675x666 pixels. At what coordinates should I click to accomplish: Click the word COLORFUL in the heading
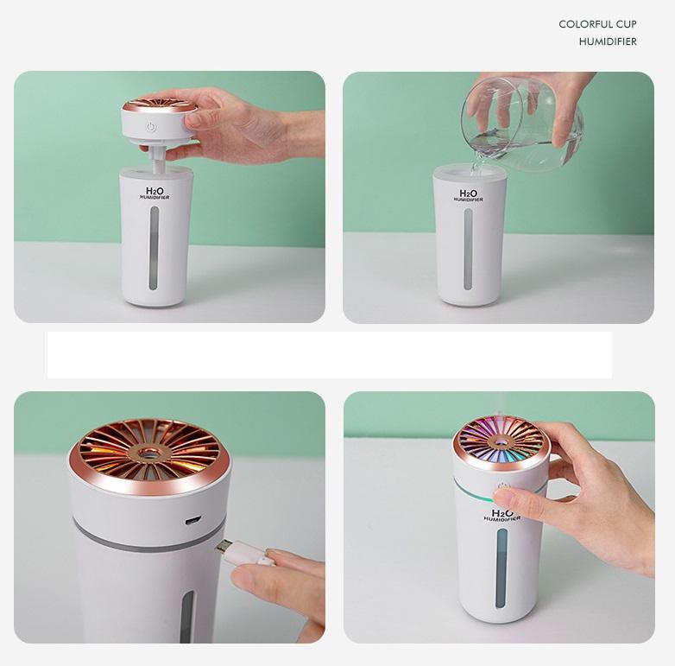[x=584, y=24]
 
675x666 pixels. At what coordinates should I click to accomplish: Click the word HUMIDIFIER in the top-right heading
[x=608, y=41]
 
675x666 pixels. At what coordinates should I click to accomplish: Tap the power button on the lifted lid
[x=151, y=128]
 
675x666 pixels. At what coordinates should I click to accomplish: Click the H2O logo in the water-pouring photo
[x=469, y=195]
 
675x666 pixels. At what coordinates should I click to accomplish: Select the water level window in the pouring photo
[x=468, y=251]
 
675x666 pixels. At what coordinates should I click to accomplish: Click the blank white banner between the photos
[x=329, y=355]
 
